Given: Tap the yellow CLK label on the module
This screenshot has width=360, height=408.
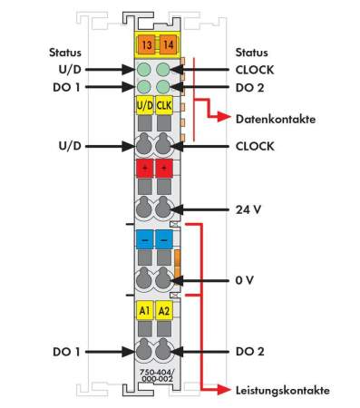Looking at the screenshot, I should (x=163, y=106).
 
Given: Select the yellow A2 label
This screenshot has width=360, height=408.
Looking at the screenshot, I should (x=163, y=311).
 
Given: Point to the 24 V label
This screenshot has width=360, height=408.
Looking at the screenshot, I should (x=248, y=209).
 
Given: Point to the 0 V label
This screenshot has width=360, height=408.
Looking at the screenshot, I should (x=245, y=280).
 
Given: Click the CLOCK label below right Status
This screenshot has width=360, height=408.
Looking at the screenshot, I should (x=256, y=69).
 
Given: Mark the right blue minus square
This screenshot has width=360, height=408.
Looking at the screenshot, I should (x=163, y=240).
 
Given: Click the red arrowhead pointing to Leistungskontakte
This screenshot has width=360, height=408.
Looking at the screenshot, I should (x=223, y=390).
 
